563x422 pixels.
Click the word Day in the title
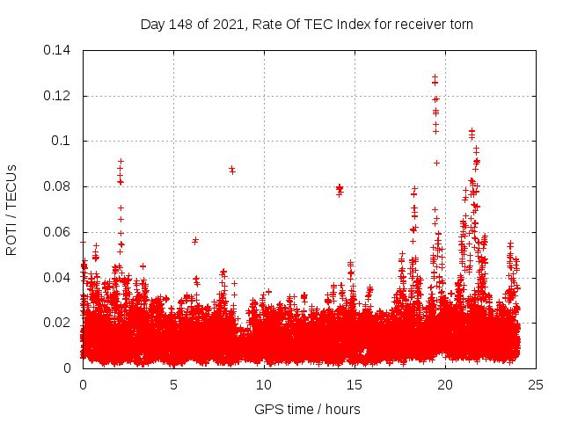152,24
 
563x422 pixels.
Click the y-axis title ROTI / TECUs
12,209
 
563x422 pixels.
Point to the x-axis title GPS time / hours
307,409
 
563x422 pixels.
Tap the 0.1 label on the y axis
62,141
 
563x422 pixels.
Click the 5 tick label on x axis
173,384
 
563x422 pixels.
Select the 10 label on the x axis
264,384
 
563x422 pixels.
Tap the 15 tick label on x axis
355,384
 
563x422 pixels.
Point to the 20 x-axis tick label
445,384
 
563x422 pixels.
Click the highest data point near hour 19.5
435,76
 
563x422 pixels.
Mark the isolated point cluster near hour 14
340,189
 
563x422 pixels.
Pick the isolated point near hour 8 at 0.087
232,170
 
